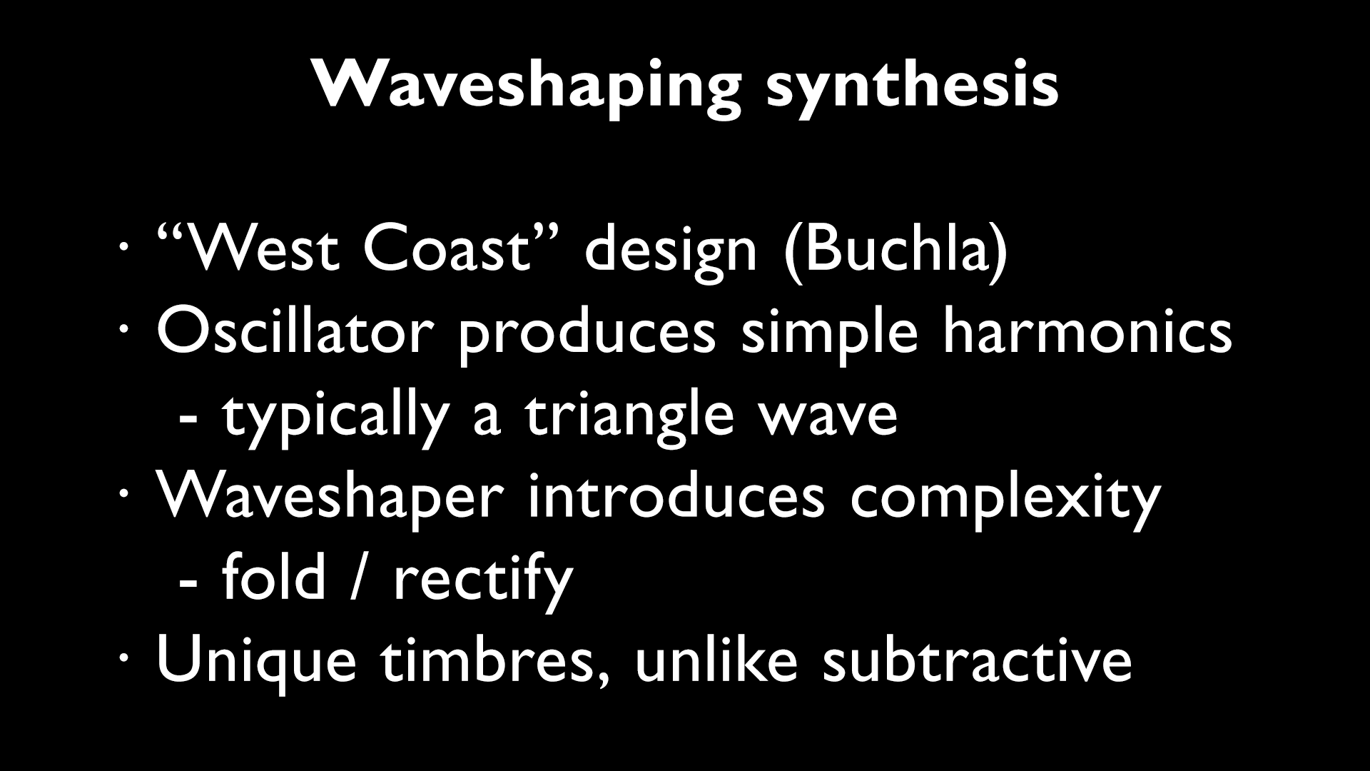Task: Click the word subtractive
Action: click(977, 660)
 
